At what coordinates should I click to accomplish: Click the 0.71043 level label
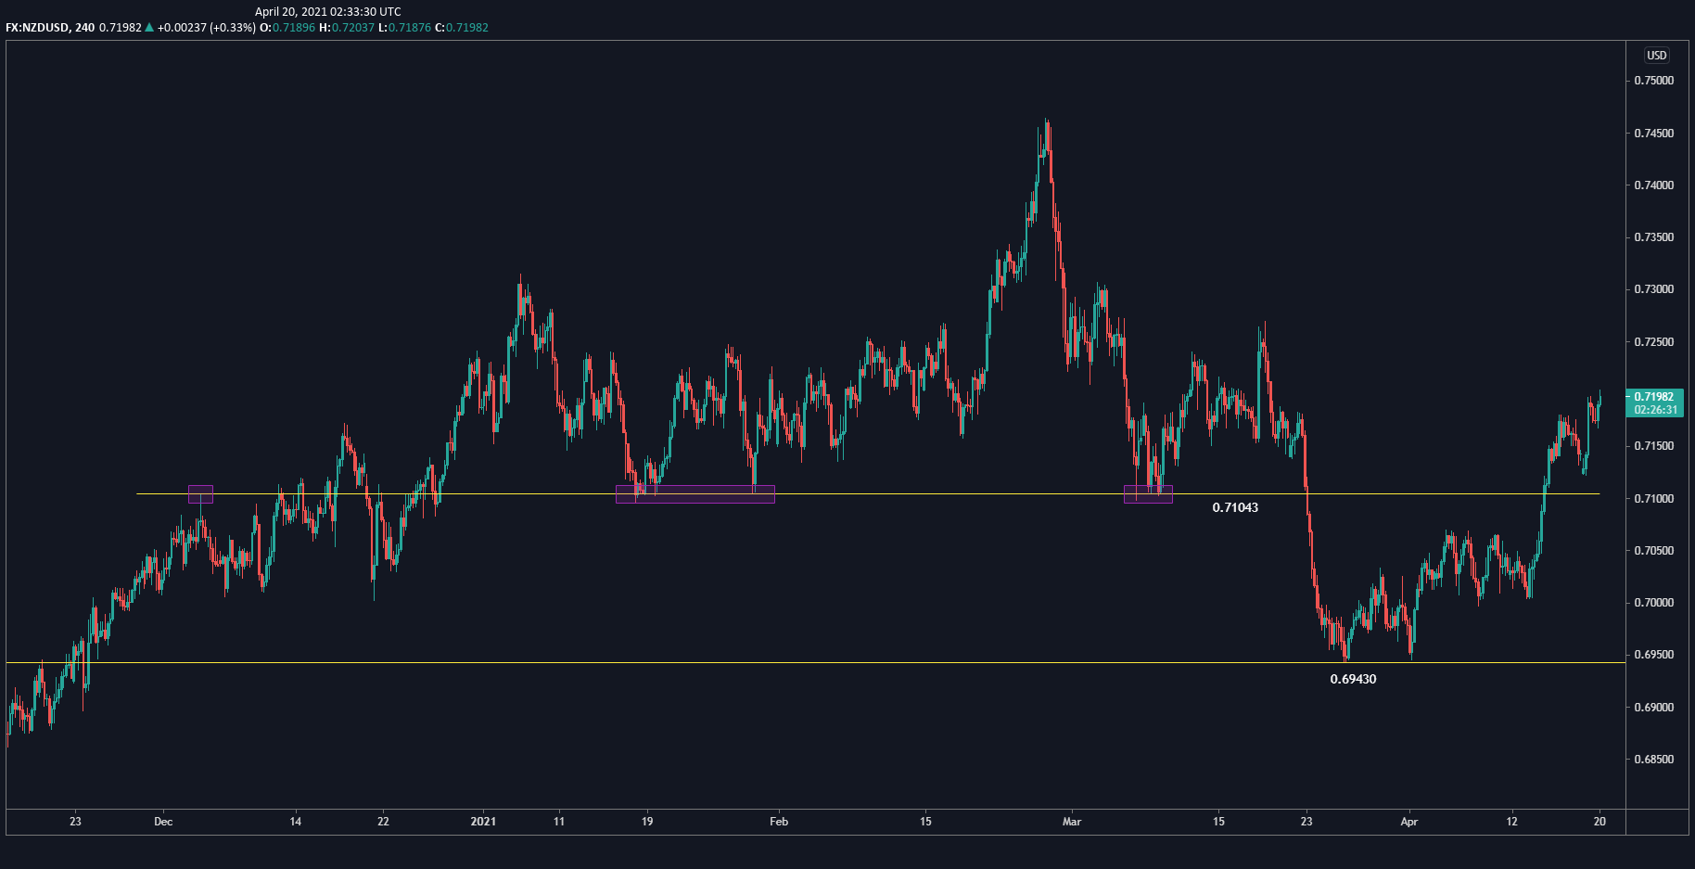1235,507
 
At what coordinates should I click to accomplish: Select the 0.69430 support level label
1353,679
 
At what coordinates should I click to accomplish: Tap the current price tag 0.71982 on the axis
1654,397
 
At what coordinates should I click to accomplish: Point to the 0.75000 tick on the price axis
1653,81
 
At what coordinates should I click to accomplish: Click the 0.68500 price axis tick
1653,760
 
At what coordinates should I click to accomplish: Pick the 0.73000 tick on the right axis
1653,289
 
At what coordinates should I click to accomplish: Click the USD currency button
1656,56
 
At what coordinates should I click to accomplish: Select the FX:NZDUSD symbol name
37,28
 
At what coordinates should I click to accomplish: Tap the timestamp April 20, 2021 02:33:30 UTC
328,12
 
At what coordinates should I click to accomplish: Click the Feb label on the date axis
779,822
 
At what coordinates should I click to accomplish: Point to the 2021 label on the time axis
483,822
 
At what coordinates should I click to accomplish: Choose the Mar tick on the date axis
1072,822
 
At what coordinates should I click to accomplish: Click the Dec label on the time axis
163,822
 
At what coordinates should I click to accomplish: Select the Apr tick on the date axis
1409,822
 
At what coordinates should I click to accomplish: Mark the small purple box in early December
200,494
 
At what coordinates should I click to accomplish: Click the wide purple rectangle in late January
695,494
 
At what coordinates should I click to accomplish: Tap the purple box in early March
1148,494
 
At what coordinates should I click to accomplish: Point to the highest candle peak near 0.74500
1046,121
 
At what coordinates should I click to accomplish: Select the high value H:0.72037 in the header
347,28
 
